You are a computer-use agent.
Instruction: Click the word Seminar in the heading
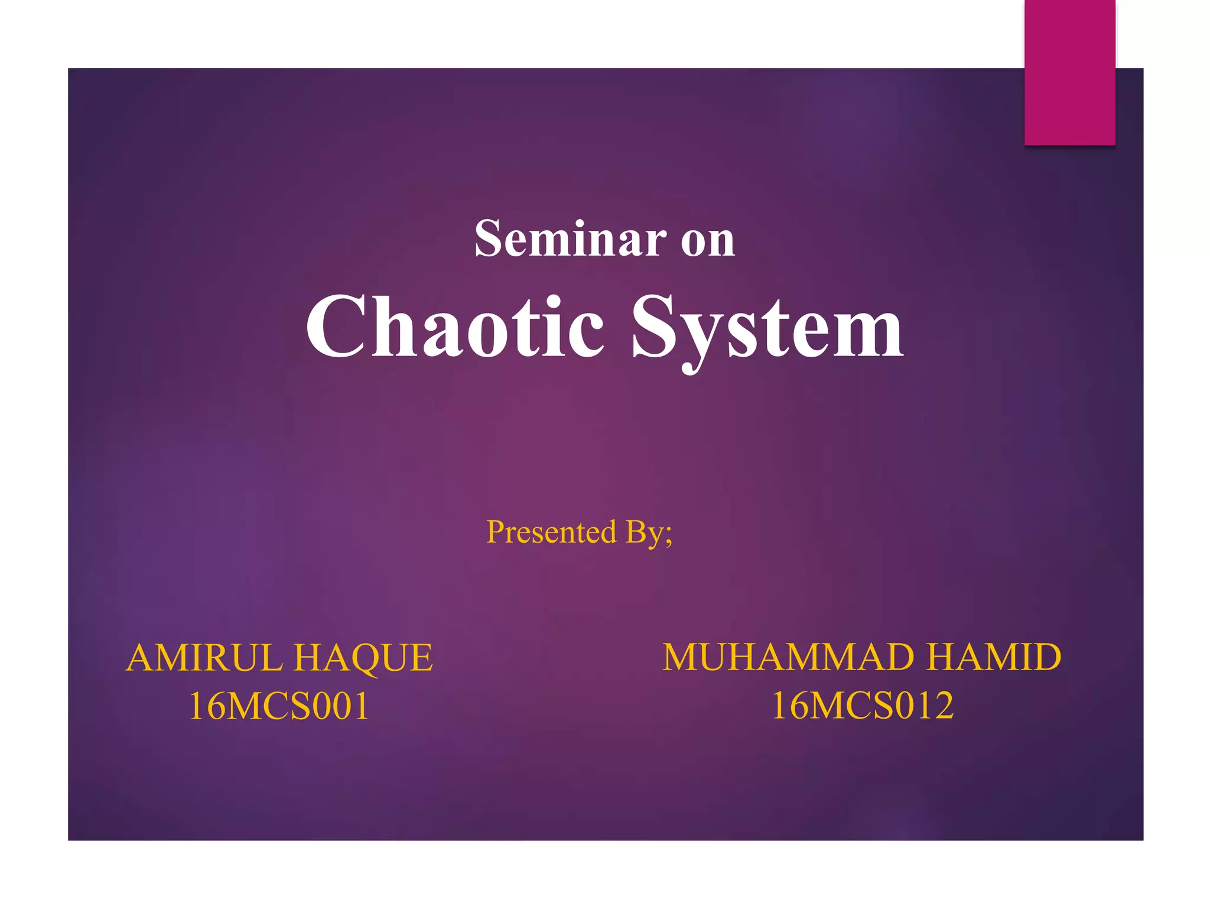tap(570, 239)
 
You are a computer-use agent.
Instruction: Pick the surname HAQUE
tap(363, 658)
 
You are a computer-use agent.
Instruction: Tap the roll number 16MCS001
tap(279, 706)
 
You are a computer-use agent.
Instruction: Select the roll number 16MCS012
tap(863, 706)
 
